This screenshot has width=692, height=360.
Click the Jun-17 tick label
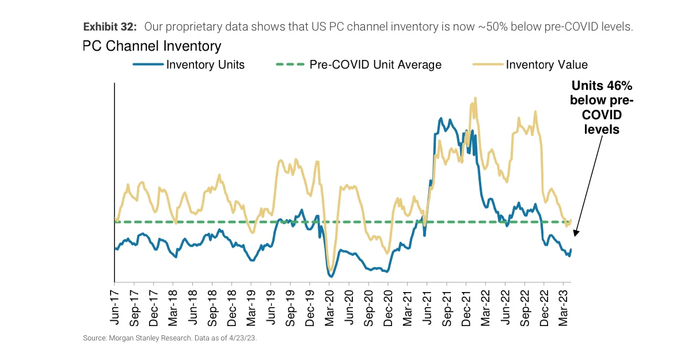coord(114,305)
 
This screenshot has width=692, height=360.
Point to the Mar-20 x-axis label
coord(329,305)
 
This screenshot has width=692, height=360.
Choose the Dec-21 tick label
coord(466,305)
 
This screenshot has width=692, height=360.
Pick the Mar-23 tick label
coord(563,305)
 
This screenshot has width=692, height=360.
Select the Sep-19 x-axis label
coord(290,305)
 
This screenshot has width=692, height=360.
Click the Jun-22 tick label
coord(505,305)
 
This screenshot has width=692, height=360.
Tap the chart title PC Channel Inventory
coord(152,46)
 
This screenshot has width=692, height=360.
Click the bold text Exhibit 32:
coord(110,27)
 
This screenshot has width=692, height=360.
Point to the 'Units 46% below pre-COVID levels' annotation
coord(602,108)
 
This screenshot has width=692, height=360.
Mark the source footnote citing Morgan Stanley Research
coord(170,339)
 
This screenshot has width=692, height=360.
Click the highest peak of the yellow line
coord(475,98)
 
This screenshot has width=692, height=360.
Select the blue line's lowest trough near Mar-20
coord(331,276)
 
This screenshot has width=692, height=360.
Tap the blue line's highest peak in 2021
coord(441,119)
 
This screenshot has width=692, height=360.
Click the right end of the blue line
coord(571,249)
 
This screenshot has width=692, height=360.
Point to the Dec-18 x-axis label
coord(231,305)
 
